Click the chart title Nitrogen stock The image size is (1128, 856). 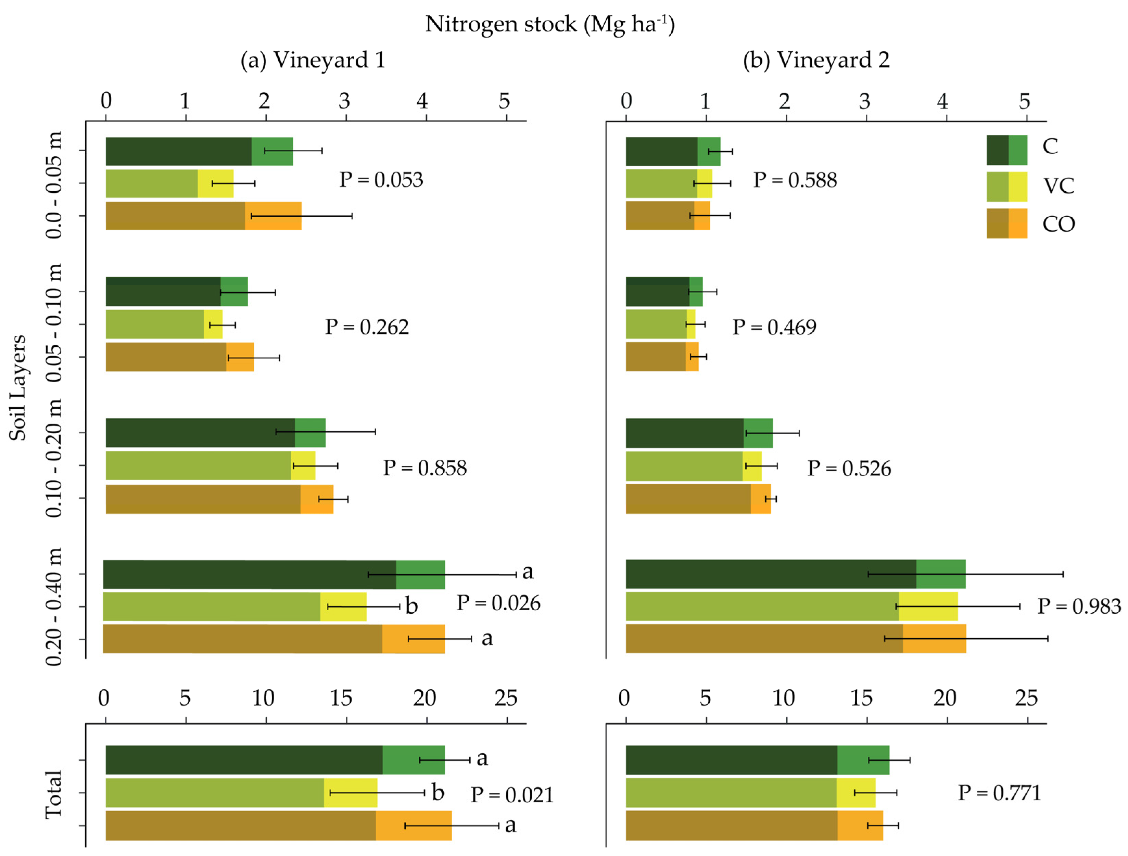pyautogui.click(x=550, y=24)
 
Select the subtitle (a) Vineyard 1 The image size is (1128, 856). pyautogui.click(x=313, y=60)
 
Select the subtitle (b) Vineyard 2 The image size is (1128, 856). pyautogui.click(x=816, y=60)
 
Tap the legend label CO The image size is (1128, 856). pyautogui.click(x=1058, y=224)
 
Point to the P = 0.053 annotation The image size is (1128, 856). pyautogui.click(x=381, y=180)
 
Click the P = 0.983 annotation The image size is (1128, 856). pyautogui.click(x=1079, y=606)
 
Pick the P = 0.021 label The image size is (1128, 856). pyautogui.click(x=511, y=795)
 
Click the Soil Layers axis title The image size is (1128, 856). pyautogui.click(x=17, y=387)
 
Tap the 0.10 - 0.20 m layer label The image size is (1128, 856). pyautogui.click(x=54, y=458)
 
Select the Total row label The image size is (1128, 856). pyautogui.click(x=54, y=795)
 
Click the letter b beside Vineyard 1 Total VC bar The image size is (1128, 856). pyautogui.click(x=438, y=793)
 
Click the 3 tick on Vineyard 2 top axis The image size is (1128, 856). pyautogui.click(x=864, y=101)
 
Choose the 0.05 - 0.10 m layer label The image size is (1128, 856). pyautogui.click(x=54, y=323)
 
